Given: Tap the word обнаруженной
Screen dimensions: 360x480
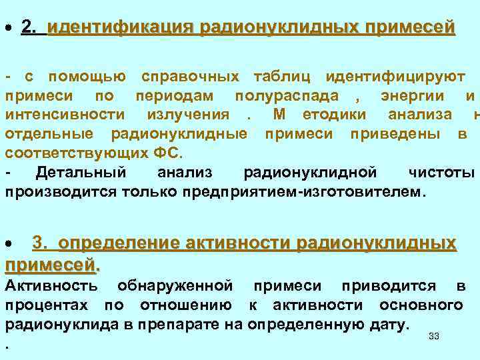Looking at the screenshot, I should pos(175,286).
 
